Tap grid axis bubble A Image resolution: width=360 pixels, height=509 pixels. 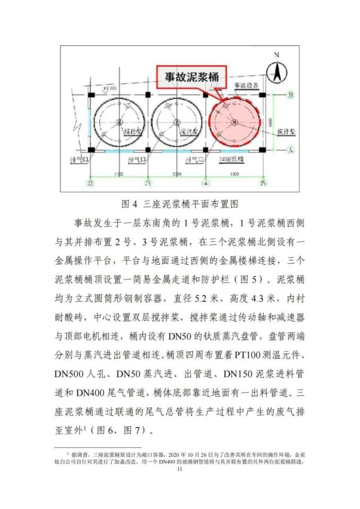click(290, 150)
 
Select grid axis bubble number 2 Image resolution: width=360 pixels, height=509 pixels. click(91, 183)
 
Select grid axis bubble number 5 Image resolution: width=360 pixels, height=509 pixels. click(262, 183)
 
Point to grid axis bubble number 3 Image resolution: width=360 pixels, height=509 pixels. click(148, 183)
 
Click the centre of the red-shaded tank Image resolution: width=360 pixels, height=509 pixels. click(235, 122)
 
